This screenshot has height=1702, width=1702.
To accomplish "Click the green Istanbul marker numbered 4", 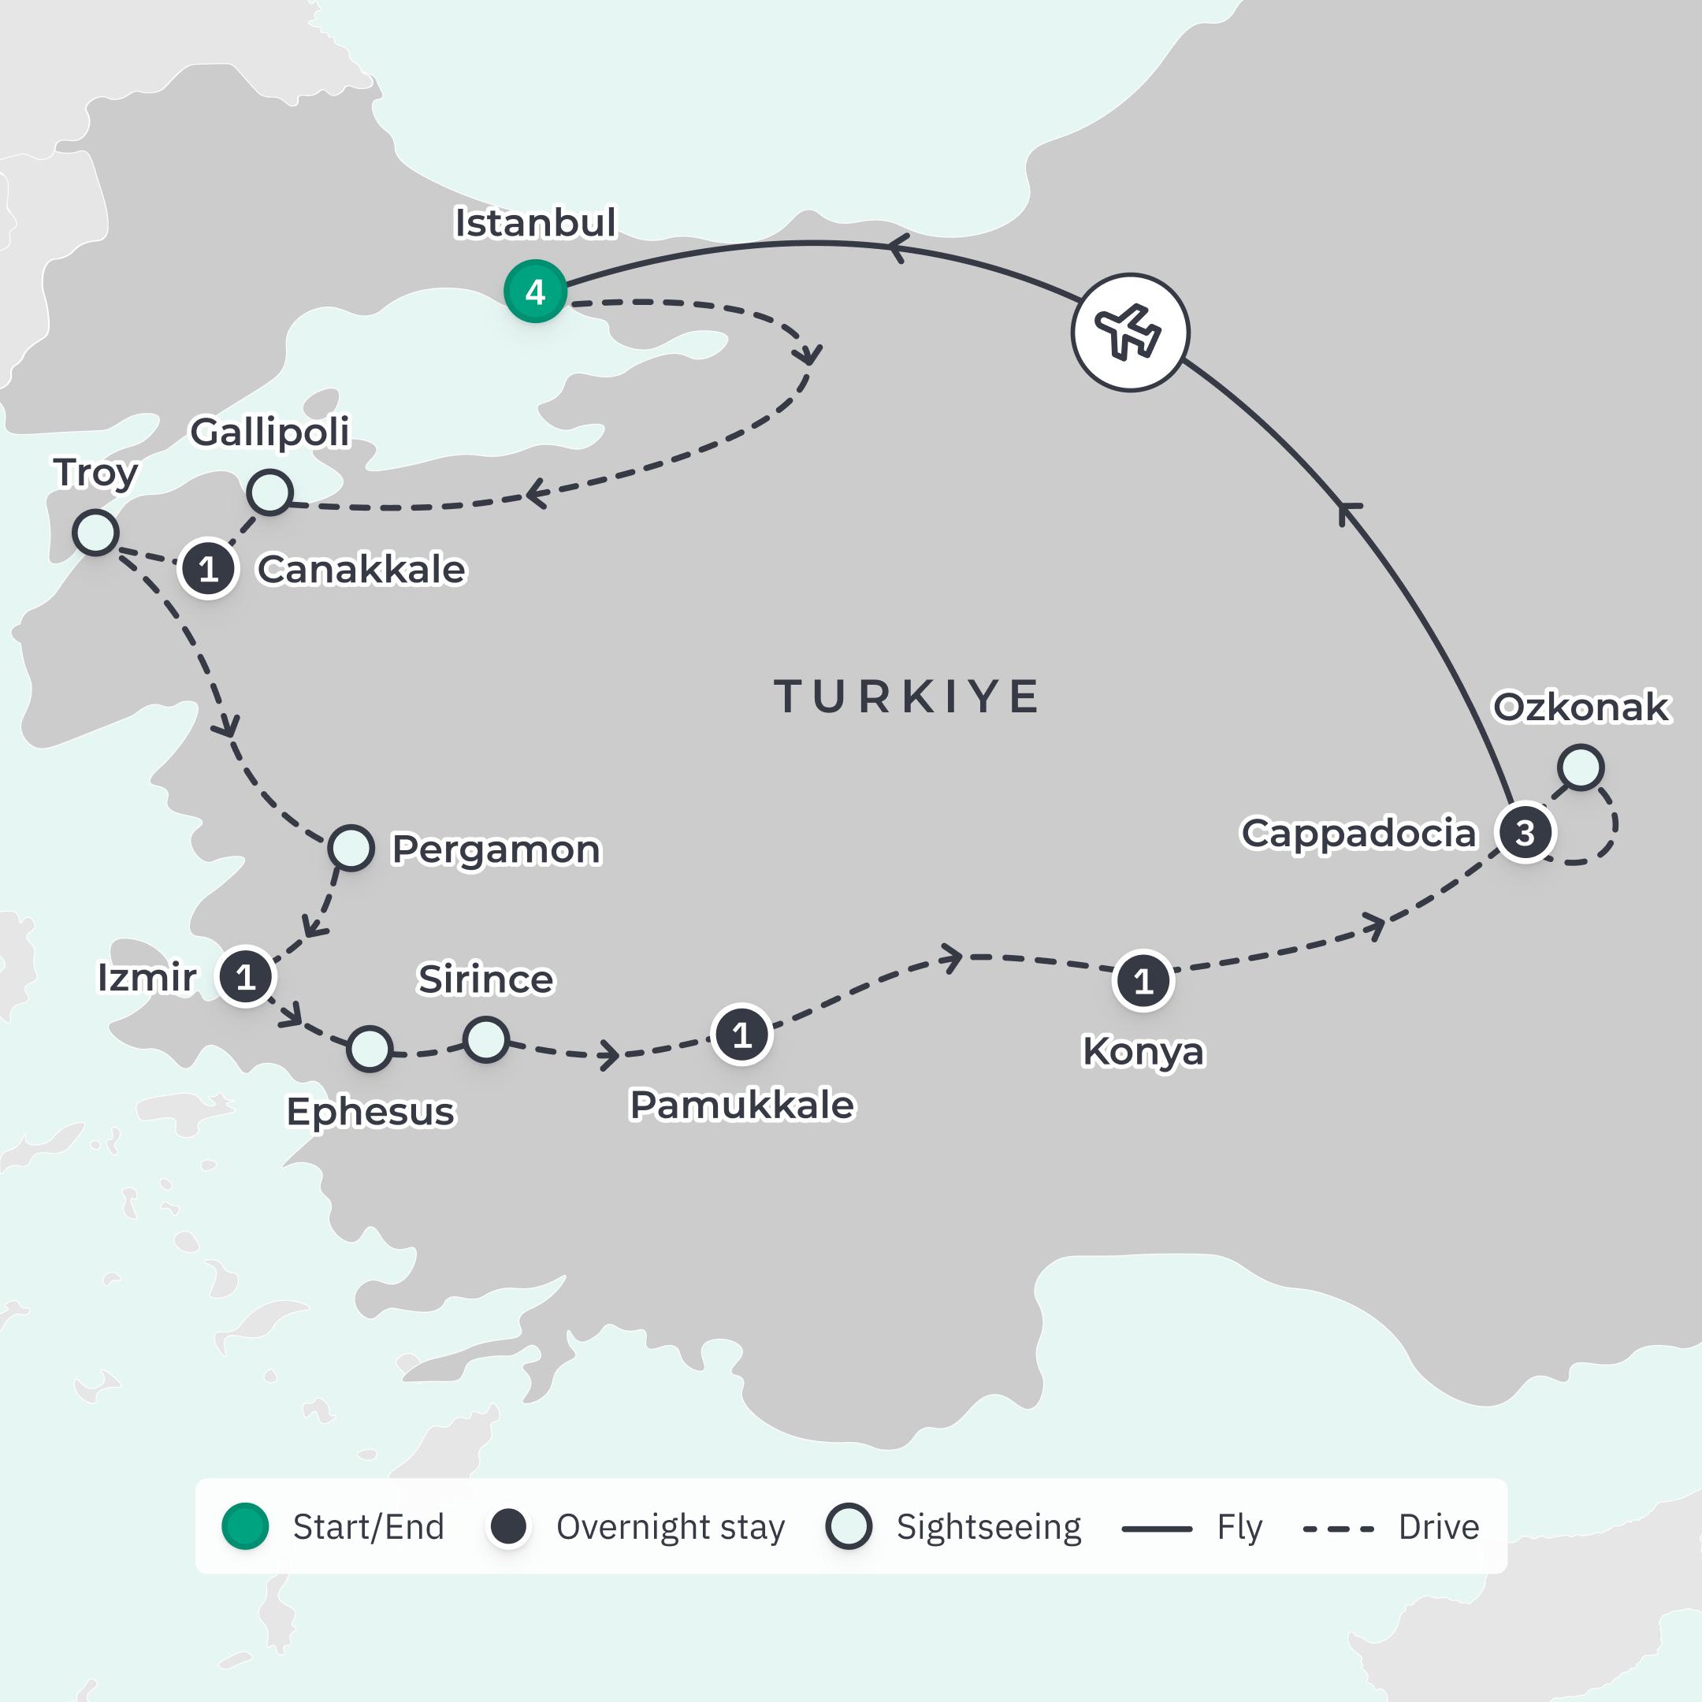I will (535, 292).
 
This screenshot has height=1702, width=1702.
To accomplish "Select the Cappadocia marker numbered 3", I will (1525, 833).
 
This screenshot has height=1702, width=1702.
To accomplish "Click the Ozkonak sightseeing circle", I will (1581, 767).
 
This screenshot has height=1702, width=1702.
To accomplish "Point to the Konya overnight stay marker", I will (1143, 980).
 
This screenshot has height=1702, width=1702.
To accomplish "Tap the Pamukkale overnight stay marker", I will (741, 1035).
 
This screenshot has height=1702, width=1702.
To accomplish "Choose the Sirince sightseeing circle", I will (485, 1039).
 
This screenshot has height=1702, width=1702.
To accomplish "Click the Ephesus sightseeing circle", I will (369, 1048).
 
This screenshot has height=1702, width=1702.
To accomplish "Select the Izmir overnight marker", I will (246, 976).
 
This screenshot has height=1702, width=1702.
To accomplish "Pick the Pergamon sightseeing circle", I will (351, 849).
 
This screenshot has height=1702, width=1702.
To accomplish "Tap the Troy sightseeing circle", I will (95, 532).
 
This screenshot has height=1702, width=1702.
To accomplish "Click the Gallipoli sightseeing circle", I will (269, 492).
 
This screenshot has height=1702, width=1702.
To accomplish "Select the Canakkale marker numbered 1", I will (208, 569).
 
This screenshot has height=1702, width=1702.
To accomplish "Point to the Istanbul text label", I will (535, 223).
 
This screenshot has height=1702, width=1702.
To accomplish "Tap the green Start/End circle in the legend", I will (245, 1527).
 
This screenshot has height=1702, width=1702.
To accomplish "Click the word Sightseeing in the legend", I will (988, 1527).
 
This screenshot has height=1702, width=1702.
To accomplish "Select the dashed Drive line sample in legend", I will (1337, 1529).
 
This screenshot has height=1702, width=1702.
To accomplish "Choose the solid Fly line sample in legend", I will (1157, 1529).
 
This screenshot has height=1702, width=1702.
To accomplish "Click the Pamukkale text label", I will (741, 1105).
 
